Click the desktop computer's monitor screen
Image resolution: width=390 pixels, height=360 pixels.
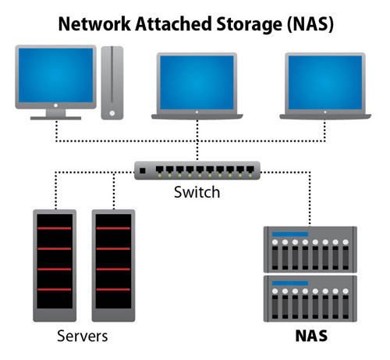55,78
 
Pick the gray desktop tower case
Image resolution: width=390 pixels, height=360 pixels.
112,83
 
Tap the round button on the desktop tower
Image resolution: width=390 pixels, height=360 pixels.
112,112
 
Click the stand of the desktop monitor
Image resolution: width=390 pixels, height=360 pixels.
55,115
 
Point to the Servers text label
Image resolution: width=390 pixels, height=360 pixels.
82,337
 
